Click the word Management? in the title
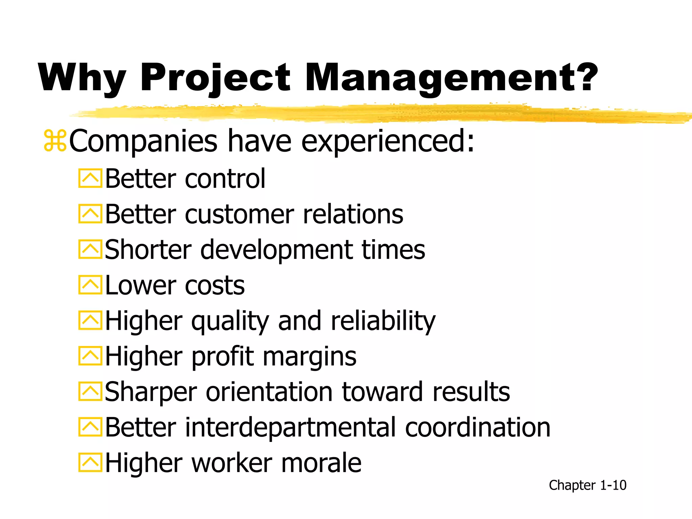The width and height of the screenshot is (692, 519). tap(451, 78)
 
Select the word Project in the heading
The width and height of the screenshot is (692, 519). tap(215, 78)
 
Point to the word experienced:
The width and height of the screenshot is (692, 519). tap(388, 142)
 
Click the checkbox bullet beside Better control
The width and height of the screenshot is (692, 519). tap(90, 178)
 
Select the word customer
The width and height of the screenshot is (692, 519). tap(239, 215)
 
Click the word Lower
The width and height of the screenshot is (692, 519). tap(140, 286)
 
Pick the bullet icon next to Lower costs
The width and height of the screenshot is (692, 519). tap(90, 285)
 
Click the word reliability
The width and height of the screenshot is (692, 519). tap(383, 321)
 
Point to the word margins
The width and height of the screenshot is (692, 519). tap(309, 357)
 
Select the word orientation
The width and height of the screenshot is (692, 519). tap(269, 392)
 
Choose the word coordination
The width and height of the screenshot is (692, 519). tap(477, 428)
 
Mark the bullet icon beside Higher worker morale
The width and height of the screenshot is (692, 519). tap(90, 463)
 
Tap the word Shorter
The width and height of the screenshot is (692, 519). tap(148, 250)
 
